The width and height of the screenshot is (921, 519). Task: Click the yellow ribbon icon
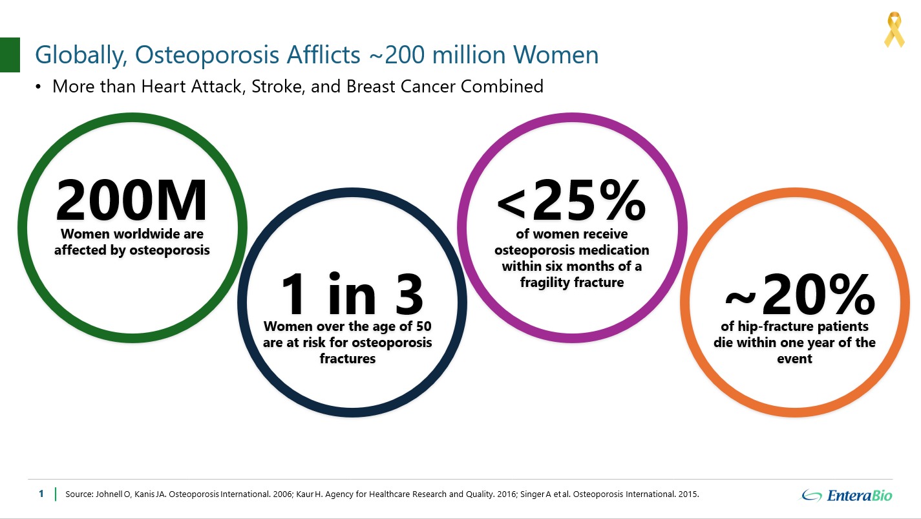point(894,30)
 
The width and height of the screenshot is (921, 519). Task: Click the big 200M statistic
point(131,200)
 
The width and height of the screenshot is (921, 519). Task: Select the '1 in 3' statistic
point(352,293)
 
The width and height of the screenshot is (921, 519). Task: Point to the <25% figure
point(571,200)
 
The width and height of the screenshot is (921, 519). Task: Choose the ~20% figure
point(799,293)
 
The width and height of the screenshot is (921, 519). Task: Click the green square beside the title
point(10,55)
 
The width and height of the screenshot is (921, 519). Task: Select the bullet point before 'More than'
point(38,87)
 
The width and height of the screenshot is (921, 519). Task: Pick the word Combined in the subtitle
point(502,87)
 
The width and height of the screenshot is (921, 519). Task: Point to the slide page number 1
point(41,494)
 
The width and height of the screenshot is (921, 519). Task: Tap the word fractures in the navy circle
point(348,359)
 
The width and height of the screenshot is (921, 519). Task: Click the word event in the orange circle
point(794,359)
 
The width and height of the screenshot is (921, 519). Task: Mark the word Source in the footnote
point(79,494)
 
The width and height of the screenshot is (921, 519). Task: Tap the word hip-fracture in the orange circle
point(767,326)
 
